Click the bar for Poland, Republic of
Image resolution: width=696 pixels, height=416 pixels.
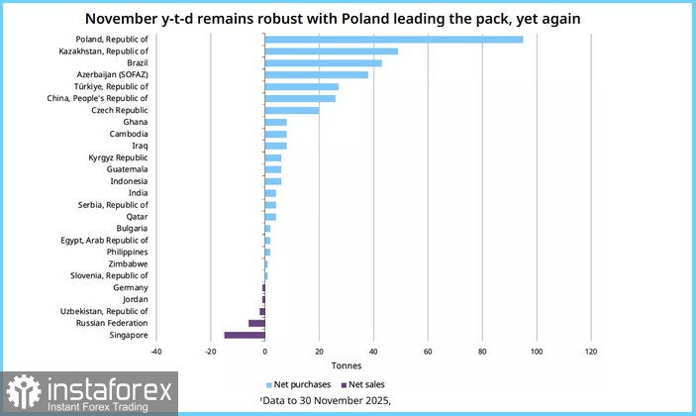pyautogui.click(x=394, y=40)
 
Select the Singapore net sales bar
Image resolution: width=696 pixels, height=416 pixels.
pyautogui.click(x=245, y=335)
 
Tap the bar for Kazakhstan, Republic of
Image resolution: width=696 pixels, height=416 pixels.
pyautogui.click(x=332, y=52)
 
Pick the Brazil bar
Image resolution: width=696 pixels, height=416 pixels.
pyautogui.click(x=324, y=63)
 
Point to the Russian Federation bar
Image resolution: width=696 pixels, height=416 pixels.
pyautogui.click(x=256, y=323)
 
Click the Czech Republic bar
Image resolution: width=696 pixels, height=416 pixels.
pyautogui.click(x=292, y=110)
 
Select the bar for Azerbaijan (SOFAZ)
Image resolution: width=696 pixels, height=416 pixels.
pyautogui.click(x=317, y=74)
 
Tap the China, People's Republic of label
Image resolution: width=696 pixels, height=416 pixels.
pyautogui.click(x=98, y=98)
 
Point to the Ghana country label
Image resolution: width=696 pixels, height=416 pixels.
pyautogui.click(x=136, y=122)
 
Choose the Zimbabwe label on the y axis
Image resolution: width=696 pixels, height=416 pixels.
pyautogui.click(x=130, y=263)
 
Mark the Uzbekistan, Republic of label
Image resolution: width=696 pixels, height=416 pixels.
pyautogui.click(x=105, y=311)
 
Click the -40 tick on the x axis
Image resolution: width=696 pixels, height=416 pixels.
pyautogui.click(x=155, y=352)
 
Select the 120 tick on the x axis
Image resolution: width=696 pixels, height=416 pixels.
pyautogui.click(x=591, y=352)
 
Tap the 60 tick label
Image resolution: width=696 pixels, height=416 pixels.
pyautogui.click(x=428, y=352)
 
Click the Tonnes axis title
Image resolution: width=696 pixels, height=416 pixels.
pyautogui.click(x=373, y=365)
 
